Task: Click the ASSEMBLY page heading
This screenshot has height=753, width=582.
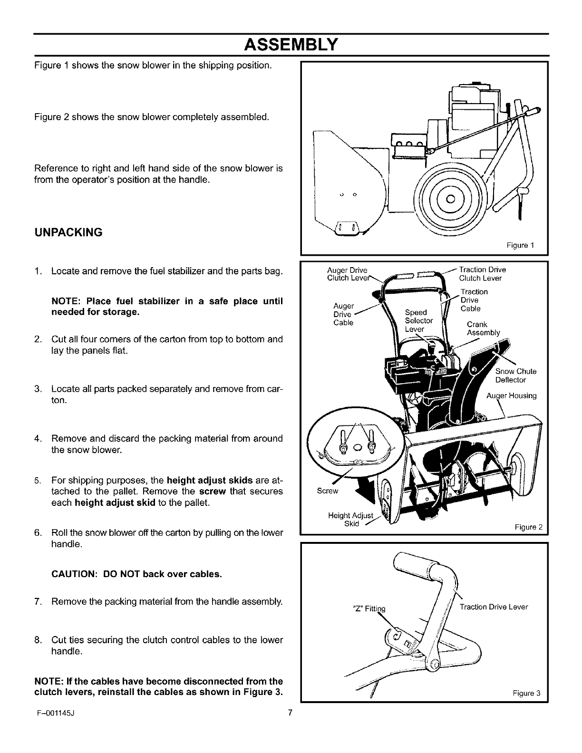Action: pos(291,45)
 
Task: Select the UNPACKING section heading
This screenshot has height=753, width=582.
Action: pos(68,232)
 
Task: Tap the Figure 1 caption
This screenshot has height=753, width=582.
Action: pos(521,245)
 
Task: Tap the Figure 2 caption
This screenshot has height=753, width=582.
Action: pos(528,527)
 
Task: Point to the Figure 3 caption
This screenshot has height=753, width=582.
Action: pos(527,692)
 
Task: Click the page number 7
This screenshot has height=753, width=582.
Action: pos(290,713)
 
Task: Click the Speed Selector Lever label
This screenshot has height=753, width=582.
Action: pos(418,320)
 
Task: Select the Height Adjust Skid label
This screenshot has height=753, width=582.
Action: pos(351,520)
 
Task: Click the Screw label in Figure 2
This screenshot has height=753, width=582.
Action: pos(327,491)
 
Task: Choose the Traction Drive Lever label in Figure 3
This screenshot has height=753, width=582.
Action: pos(494,607)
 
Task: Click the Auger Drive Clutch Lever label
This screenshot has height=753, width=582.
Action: pos(348,274)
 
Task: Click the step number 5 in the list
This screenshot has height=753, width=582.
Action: pos(37,478)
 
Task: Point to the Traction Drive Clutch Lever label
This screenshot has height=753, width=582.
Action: pos(481,274)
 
